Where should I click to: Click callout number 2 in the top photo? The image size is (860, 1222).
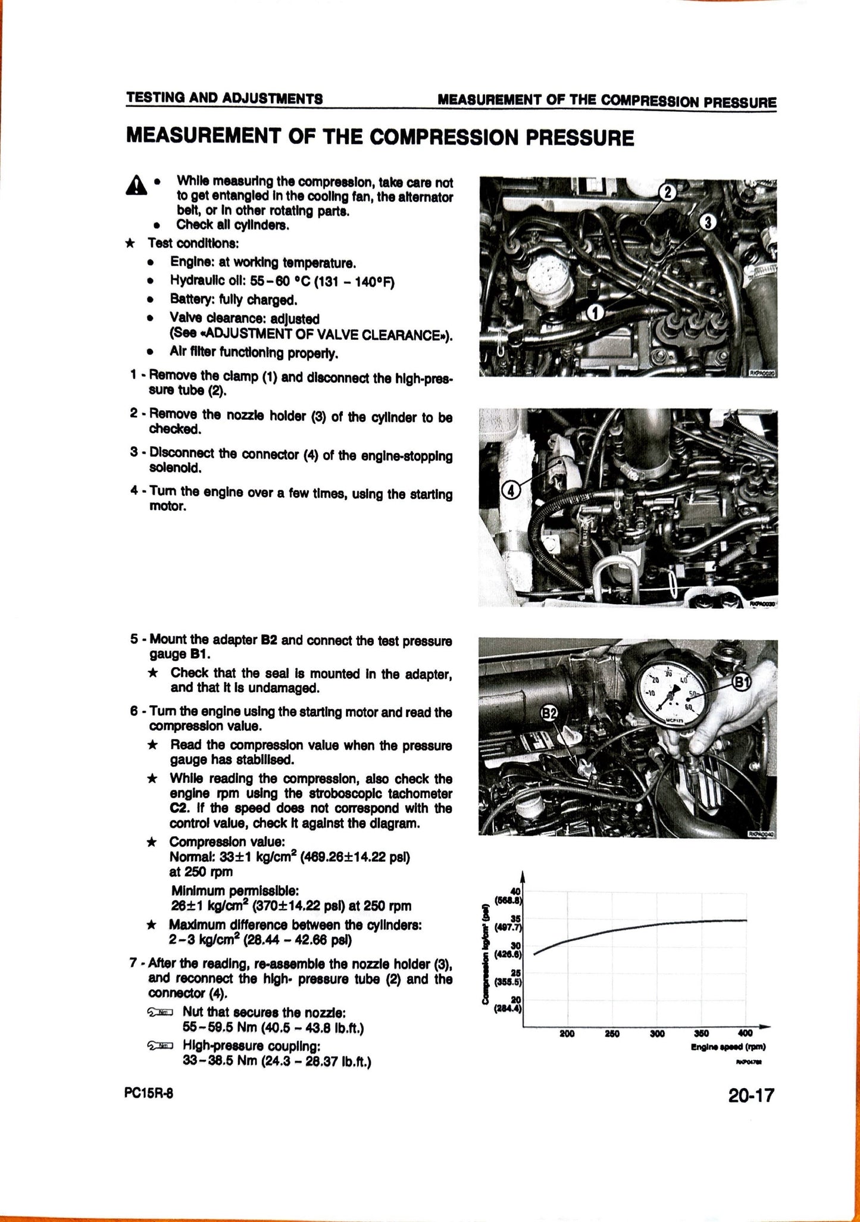[x=668, y=192]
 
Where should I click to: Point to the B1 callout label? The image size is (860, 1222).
[x=740, y=682]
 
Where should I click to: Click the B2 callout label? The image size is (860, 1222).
[x=549, y=713]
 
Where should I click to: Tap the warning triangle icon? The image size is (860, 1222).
[x=137, y=186]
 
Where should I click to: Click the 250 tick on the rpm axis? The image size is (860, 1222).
[x=612, y=1034]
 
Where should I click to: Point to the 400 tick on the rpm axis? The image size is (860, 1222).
[x=745, y=1034]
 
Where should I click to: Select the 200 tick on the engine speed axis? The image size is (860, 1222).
[x=567, y=1034]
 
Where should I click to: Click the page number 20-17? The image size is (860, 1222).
[x=750, y=1095]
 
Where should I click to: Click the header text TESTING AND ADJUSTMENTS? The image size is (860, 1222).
[x=224, y=98]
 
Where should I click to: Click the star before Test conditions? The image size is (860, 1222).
[x=130, y=243]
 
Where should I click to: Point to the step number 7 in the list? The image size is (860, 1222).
[x=133, y=980]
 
